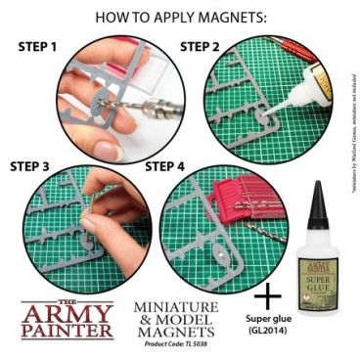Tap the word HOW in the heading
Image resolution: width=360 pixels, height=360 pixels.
click(115, 17)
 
